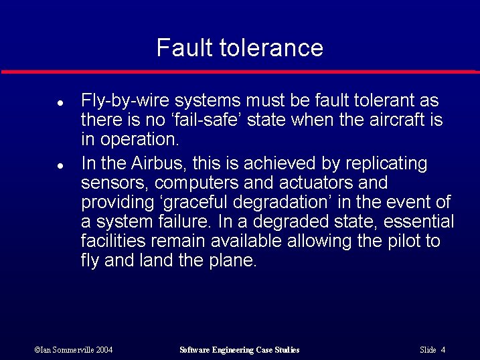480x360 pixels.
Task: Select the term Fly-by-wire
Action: pyautogui.click(x=118, y=101)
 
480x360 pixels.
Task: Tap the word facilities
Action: pyautogui.click(x=110, y=241)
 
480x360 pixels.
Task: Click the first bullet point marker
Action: pyautogui.click(x=60, y=105)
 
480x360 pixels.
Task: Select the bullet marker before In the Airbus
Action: pyautogui.click(x=60, y=164)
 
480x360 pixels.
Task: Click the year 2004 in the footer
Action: pyautogui.click(x=103, y=350)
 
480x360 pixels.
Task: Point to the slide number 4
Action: pyautogui.click(x=443, y=350)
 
